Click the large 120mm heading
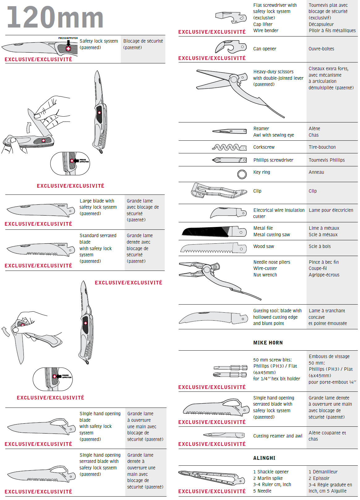pos(55,18)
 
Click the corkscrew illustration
pos(229,147)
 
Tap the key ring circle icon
pos(242,174)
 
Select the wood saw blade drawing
pos(214,248)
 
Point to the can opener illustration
pos(231,47)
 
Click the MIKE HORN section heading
pos(268,343)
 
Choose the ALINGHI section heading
pos(264,458)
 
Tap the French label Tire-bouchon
pos(322,147)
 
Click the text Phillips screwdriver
pos(273,160)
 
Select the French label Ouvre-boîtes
pos(321,49)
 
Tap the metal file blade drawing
pos(214,231)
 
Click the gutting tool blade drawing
pos(213,318)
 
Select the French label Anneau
pos(316,172)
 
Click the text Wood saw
pos(264,246)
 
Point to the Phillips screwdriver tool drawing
pos(229,160)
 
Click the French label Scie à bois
pos(320,246)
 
